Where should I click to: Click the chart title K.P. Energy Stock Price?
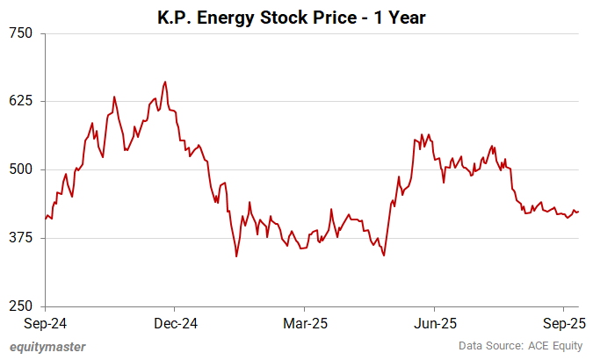296,16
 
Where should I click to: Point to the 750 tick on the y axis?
20,33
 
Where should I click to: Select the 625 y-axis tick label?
20,101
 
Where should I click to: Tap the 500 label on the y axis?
20,169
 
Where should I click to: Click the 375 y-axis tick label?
20,238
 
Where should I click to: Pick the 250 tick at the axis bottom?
20,306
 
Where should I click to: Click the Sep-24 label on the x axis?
46,323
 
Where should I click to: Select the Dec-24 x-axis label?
175,323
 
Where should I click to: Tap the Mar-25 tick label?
304,323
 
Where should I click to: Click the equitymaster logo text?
47,347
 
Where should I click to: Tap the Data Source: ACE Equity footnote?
518,347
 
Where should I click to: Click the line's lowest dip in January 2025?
236,256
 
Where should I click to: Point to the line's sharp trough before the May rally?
384,256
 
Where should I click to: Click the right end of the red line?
578,212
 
